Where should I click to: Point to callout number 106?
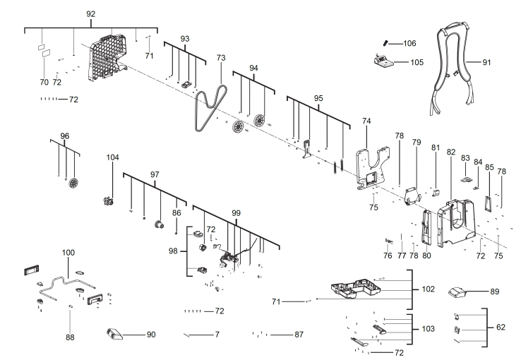tap(409, 43)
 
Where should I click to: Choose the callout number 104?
tap(113, 157)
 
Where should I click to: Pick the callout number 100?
tap(68, 252)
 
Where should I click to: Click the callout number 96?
tap(64, 136)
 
